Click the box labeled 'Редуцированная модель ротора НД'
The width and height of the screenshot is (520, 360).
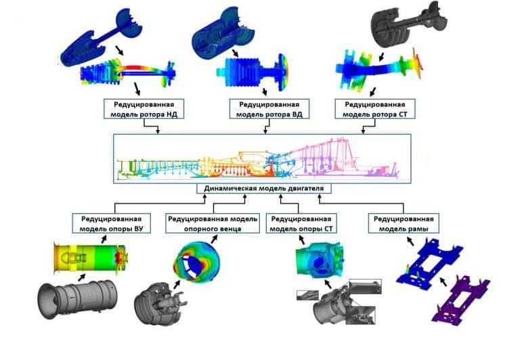click(144, 109)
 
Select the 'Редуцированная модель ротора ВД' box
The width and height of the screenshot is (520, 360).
click(269, 109)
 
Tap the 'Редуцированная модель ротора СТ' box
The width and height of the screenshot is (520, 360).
click(374, 109)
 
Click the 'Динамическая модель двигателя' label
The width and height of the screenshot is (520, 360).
click(263, 189)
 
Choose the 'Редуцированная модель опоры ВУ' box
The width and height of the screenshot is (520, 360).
click(112, 223)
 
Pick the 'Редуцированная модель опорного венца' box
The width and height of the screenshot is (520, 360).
click(213, 223)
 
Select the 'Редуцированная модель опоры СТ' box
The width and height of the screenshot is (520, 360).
click(301, 223)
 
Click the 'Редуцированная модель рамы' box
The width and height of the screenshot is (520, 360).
click(404, 223)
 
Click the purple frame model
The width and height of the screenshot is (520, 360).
click(462, 300)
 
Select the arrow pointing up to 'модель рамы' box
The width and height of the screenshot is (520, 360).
click(410, 241)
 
